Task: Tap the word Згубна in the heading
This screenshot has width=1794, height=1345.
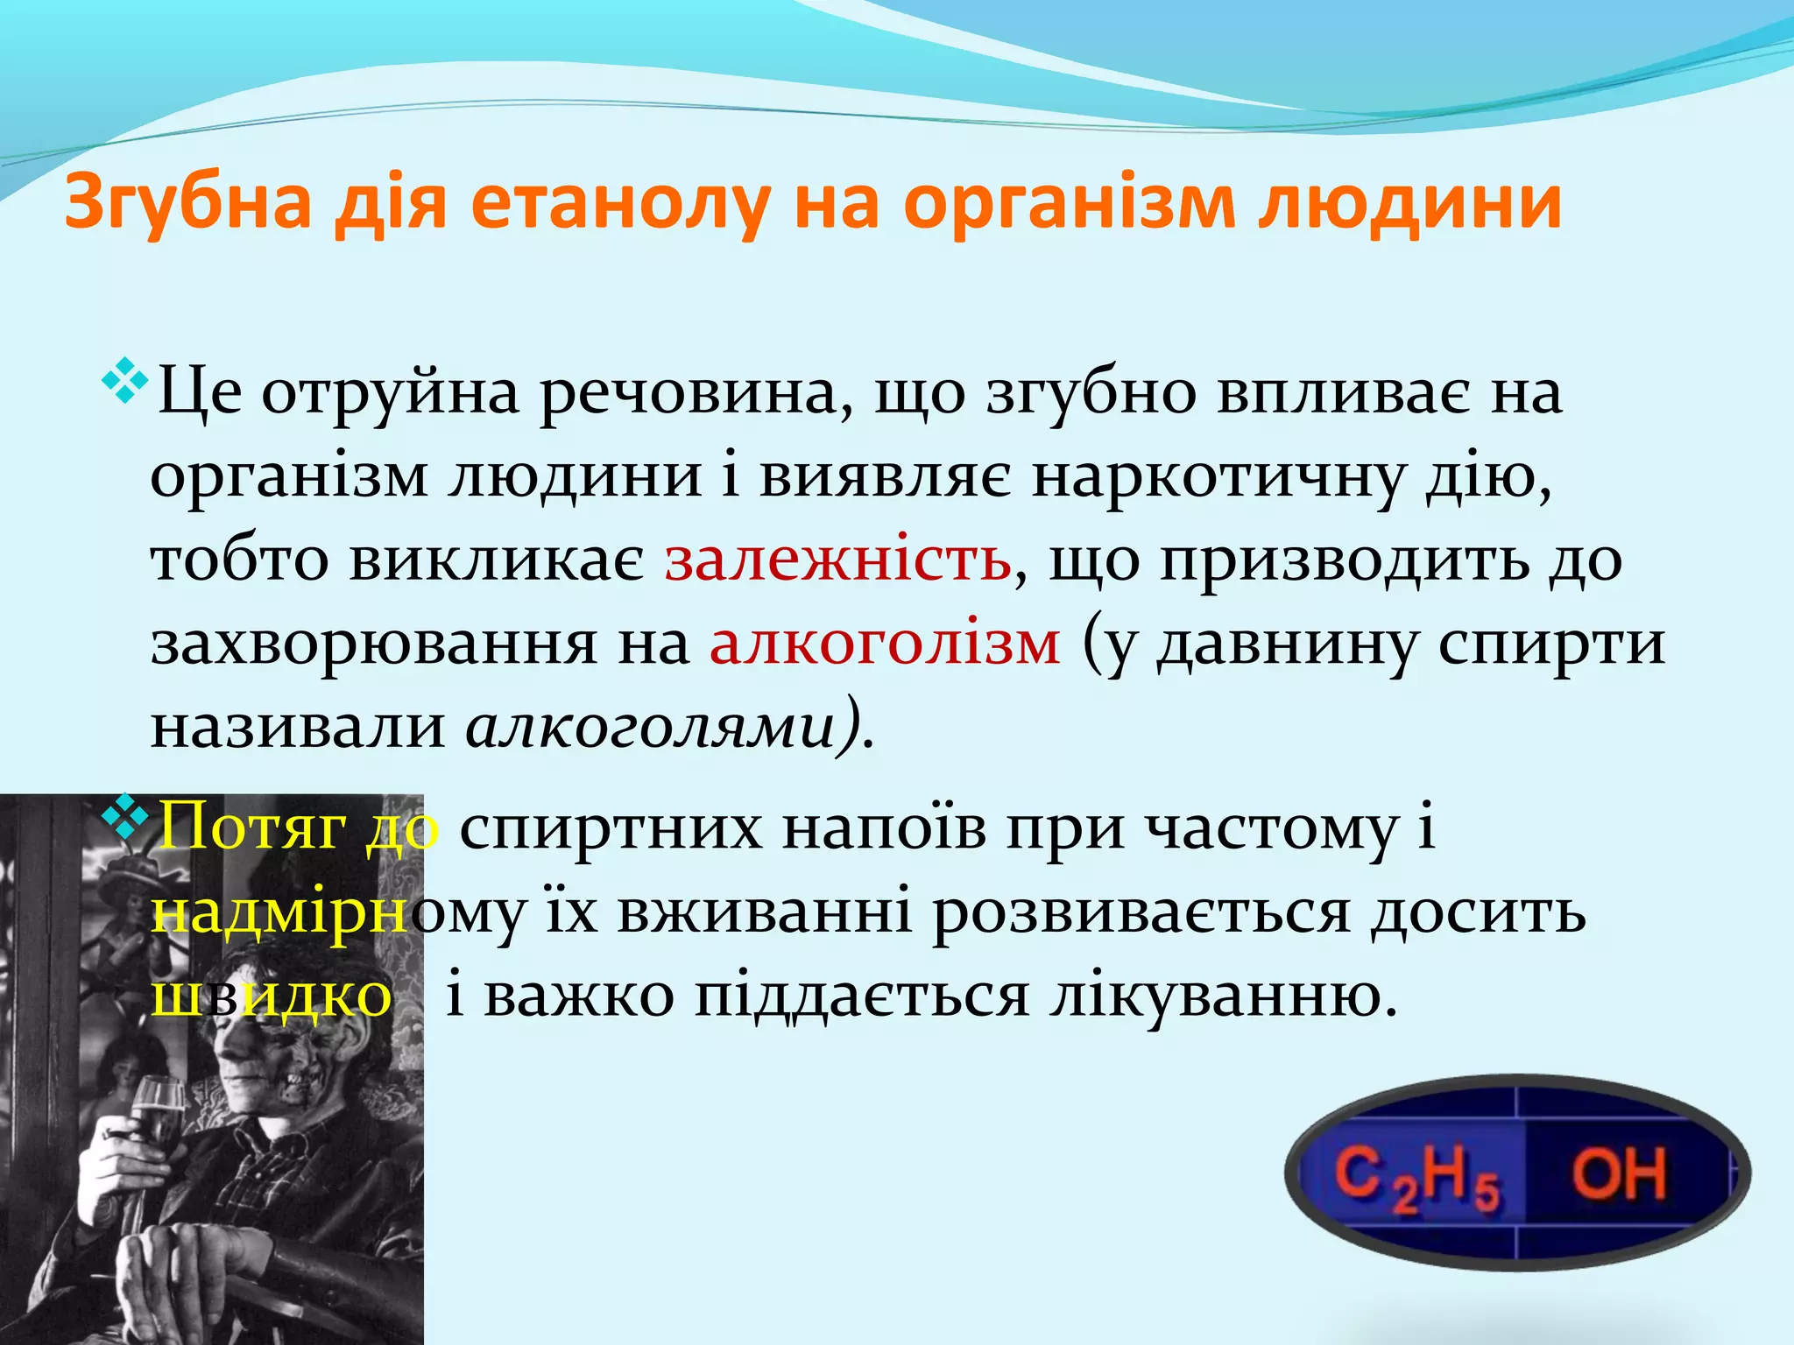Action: click(187, 203)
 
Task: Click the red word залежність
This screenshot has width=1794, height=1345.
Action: click(837, 560)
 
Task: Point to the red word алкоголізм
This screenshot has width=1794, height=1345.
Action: click(885, 644)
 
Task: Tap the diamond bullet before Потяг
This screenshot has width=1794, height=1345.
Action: click(127, 813)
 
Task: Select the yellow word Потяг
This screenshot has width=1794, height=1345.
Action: click(250, 827)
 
